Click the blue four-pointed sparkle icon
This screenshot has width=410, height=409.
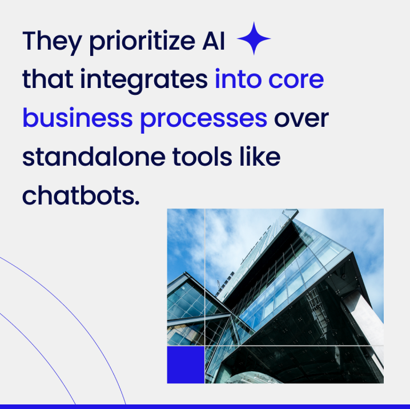pyautogui.click(x=254, y=39)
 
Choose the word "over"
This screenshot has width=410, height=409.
pyautogui.click(x=302, y=119)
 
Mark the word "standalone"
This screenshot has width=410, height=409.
pyautogui.click(x=91, y=157)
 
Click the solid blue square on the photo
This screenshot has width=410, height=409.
pyautogui.click(x=186, y=364)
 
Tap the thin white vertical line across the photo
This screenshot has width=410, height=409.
pyautogui.click(x=204, y=274)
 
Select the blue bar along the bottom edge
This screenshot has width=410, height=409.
pyautogui.click(x=205, y=406)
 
